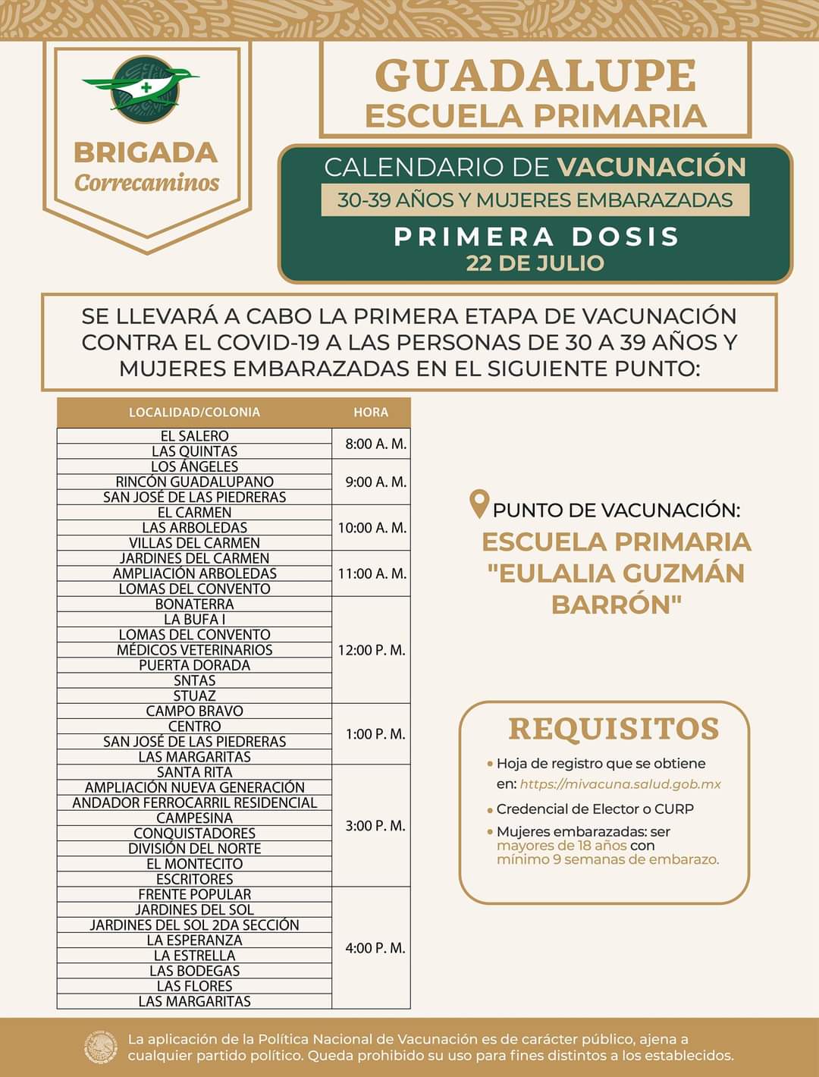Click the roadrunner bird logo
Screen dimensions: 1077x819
(144, 90)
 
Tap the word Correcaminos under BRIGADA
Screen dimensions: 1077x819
(146, 184)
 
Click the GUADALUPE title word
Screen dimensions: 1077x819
(535, 76)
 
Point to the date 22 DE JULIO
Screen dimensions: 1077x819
(535, 263)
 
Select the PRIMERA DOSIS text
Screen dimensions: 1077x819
(535, 237)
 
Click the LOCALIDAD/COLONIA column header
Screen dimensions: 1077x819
(194, 413)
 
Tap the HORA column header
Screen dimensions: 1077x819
(371, 413)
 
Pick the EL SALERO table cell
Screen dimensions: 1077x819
(194, 436)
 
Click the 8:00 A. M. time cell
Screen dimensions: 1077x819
(375, 444)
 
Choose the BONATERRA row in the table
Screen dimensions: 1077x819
(194, 604)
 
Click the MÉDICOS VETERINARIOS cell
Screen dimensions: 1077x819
(194, 650)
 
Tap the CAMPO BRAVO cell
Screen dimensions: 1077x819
(194, 711)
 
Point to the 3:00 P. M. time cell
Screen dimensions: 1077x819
(375, 825)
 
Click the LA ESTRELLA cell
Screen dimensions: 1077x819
(194, 956)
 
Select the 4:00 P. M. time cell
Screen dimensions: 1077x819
(375, 948)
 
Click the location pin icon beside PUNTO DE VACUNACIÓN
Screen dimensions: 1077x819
(479, 504)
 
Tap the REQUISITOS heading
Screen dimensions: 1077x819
(613, 729)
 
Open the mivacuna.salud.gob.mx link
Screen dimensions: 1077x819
(620, 784)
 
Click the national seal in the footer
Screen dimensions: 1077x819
(101, 1047)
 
